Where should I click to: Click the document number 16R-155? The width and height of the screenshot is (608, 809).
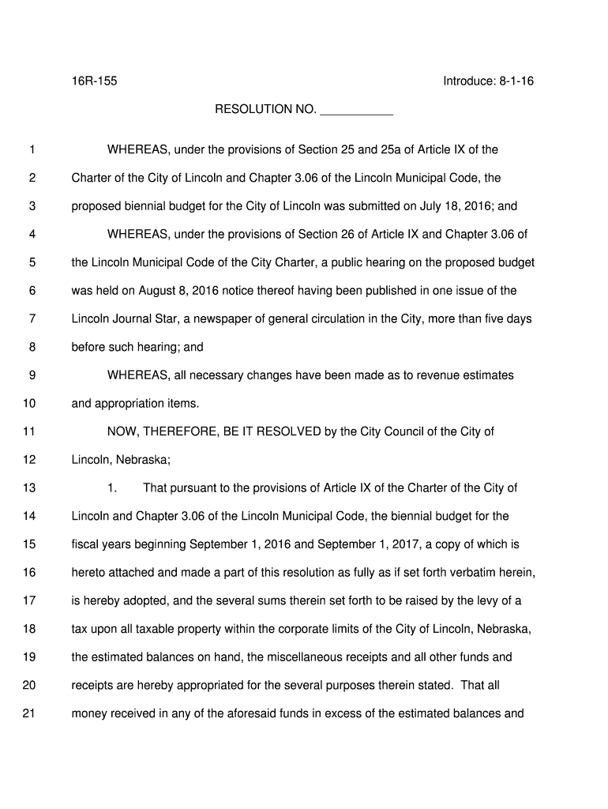pos(95,81)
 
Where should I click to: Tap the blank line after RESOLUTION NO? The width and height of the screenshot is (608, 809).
pos(356,110)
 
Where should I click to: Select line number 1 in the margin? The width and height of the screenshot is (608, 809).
pos(32,150)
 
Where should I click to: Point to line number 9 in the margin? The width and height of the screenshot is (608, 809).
pos(32,375)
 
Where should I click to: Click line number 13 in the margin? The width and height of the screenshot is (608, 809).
pos(29,488)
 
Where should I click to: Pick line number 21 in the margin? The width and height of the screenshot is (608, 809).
pos(29,713)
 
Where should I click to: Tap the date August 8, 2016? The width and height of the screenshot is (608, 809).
pos(178,291)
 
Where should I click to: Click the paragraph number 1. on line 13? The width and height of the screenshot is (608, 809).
pos(112,488)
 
